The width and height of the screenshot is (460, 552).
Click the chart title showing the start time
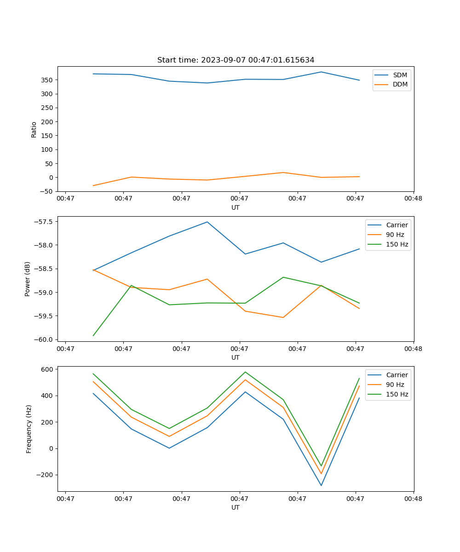[x=236, y=60]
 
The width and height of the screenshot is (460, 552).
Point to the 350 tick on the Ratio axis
[x=48, y=80]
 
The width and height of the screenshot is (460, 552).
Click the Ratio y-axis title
[x=34, y=129]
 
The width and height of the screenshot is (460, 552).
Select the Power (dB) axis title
[x=28, y=279]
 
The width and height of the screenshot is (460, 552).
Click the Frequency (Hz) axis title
[x=29, y=429]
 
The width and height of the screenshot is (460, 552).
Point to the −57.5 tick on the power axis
[x=45, y=221]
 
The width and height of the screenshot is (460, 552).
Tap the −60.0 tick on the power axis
[x=45, y=339]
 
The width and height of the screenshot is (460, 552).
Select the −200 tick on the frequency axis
[x=46, y=475]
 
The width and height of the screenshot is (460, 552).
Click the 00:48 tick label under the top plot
[x=413, y=199]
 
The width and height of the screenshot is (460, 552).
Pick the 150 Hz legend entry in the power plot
[x=397, y=244]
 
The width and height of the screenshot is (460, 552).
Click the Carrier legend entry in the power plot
[x=397, y=225]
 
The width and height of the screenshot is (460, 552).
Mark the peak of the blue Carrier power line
[x=207, y=222]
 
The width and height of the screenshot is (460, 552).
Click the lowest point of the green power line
[x=93, y=335]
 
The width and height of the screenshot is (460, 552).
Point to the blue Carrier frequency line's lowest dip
[x=321, y=485]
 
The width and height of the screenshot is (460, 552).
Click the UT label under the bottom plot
[x=236, y=507]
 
